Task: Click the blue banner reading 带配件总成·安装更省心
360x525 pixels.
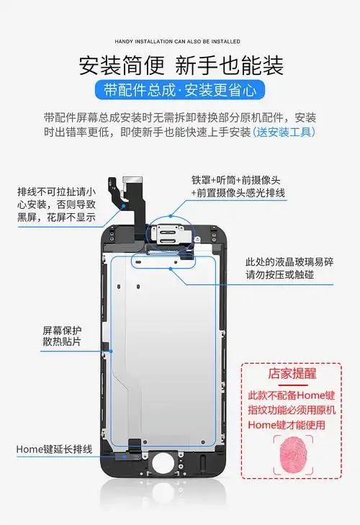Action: click(x=180, y=90)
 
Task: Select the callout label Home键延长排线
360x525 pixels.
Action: click(x=55, y=449)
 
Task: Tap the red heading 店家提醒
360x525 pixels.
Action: click(x=292, y=374)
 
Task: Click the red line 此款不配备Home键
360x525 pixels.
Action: click(x=292, y=395)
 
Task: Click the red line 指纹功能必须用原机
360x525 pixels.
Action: click(x=292, y=410)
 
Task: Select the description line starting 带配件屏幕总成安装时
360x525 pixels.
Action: click(x=180, y=117)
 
